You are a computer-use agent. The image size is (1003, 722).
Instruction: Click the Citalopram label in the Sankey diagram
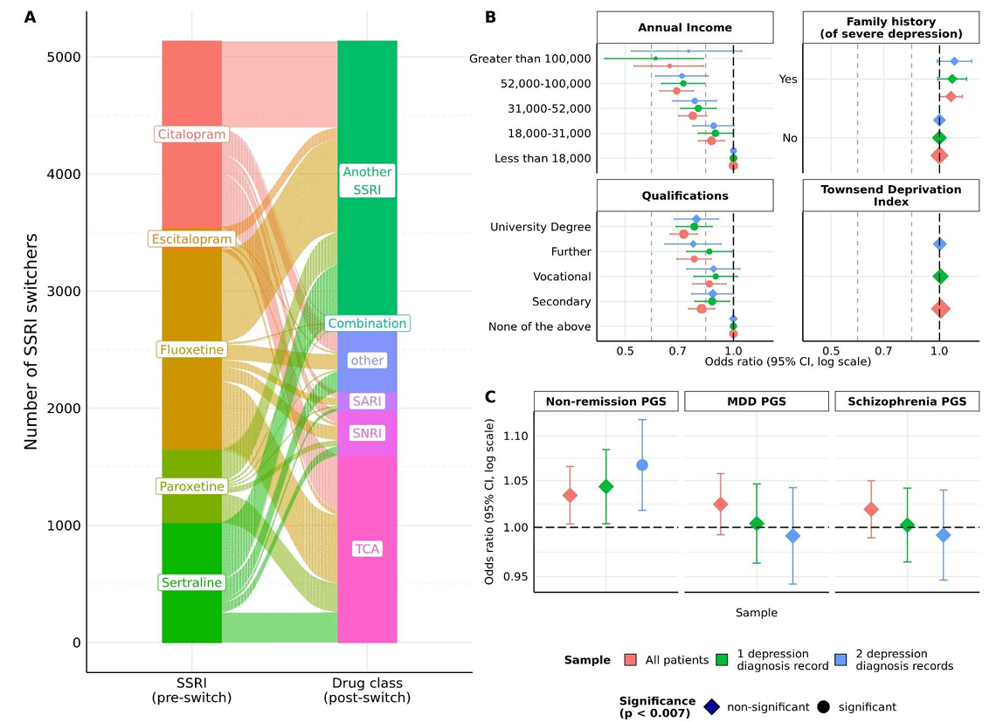point(191,134)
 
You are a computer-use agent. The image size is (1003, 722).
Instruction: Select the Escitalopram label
point(191,239)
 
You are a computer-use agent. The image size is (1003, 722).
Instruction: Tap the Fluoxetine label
point(191,349)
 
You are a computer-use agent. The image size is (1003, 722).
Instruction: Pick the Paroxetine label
point(191,486)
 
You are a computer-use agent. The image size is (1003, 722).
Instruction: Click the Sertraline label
point(191,582)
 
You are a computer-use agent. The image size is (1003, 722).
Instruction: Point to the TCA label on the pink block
point(367,548)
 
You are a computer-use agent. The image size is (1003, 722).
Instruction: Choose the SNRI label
point(367,433)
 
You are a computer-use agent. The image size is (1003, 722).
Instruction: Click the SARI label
point(367,401)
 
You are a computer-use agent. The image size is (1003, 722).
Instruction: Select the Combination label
point(367,323)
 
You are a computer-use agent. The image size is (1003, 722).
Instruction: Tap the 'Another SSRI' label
point(367,181)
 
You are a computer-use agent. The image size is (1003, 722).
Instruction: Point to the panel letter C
point(491,396)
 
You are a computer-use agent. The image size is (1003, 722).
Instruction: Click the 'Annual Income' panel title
point(684,27)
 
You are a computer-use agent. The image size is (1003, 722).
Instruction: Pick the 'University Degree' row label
point(540,227)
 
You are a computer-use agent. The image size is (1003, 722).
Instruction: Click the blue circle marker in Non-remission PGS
point(642,464)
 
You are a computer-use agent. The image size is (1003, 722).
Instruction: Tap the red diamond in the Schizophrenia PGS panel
point(870,509)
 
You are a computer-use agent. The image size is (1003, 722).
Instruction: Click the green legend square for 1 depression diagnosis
point(723,660)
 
